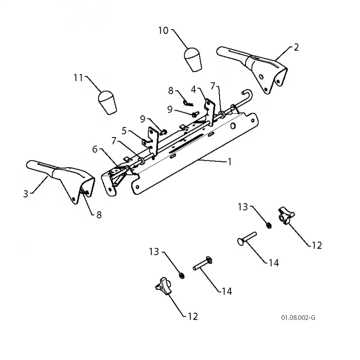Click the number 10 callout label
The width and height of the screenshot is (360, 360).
click(x=163, y=31)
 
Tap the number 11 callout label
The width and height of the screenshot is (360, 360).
click(x=78, y=78)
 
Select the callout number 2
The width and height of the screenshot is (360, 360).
click(x=296, y=47)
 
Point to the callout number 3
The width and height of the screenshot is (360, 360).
click(x=26, y=194)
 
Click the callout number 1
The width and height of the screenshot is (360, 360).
click(x=229, y=162)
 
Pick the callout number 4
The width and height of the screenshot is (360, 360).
click(x=193, y=89)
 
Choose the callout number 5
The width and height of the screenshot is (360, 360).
click(x=124, y=131)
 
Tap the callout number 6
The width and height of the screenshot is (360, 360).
click(x=95, y=149)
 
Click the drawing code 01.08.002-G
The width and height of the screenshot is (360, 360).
click(x=298, y=318)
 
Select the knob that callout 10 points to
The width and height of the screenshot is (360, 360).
click(x=193, y=59)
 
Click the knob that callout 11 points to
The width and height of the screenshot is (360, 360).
click(x=107, y=102)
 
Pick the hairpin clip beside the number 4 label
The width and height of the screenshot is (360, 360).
click(x=188, y=103)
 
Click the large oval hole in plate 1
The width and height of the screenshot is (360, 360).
click(x=233, y=126)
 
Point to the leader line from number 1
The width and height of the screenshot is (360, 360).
click(x=212, y=160)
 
